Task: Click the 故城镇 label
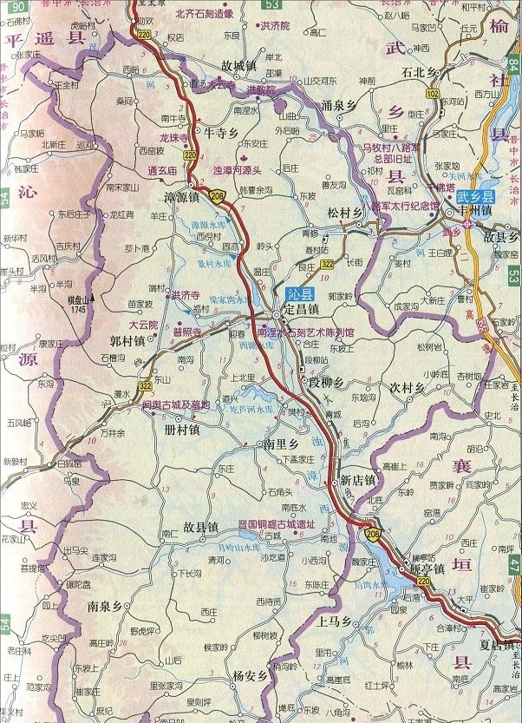239,65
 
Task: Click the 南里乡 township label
283,444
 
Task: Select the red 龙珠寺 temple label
173,137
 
